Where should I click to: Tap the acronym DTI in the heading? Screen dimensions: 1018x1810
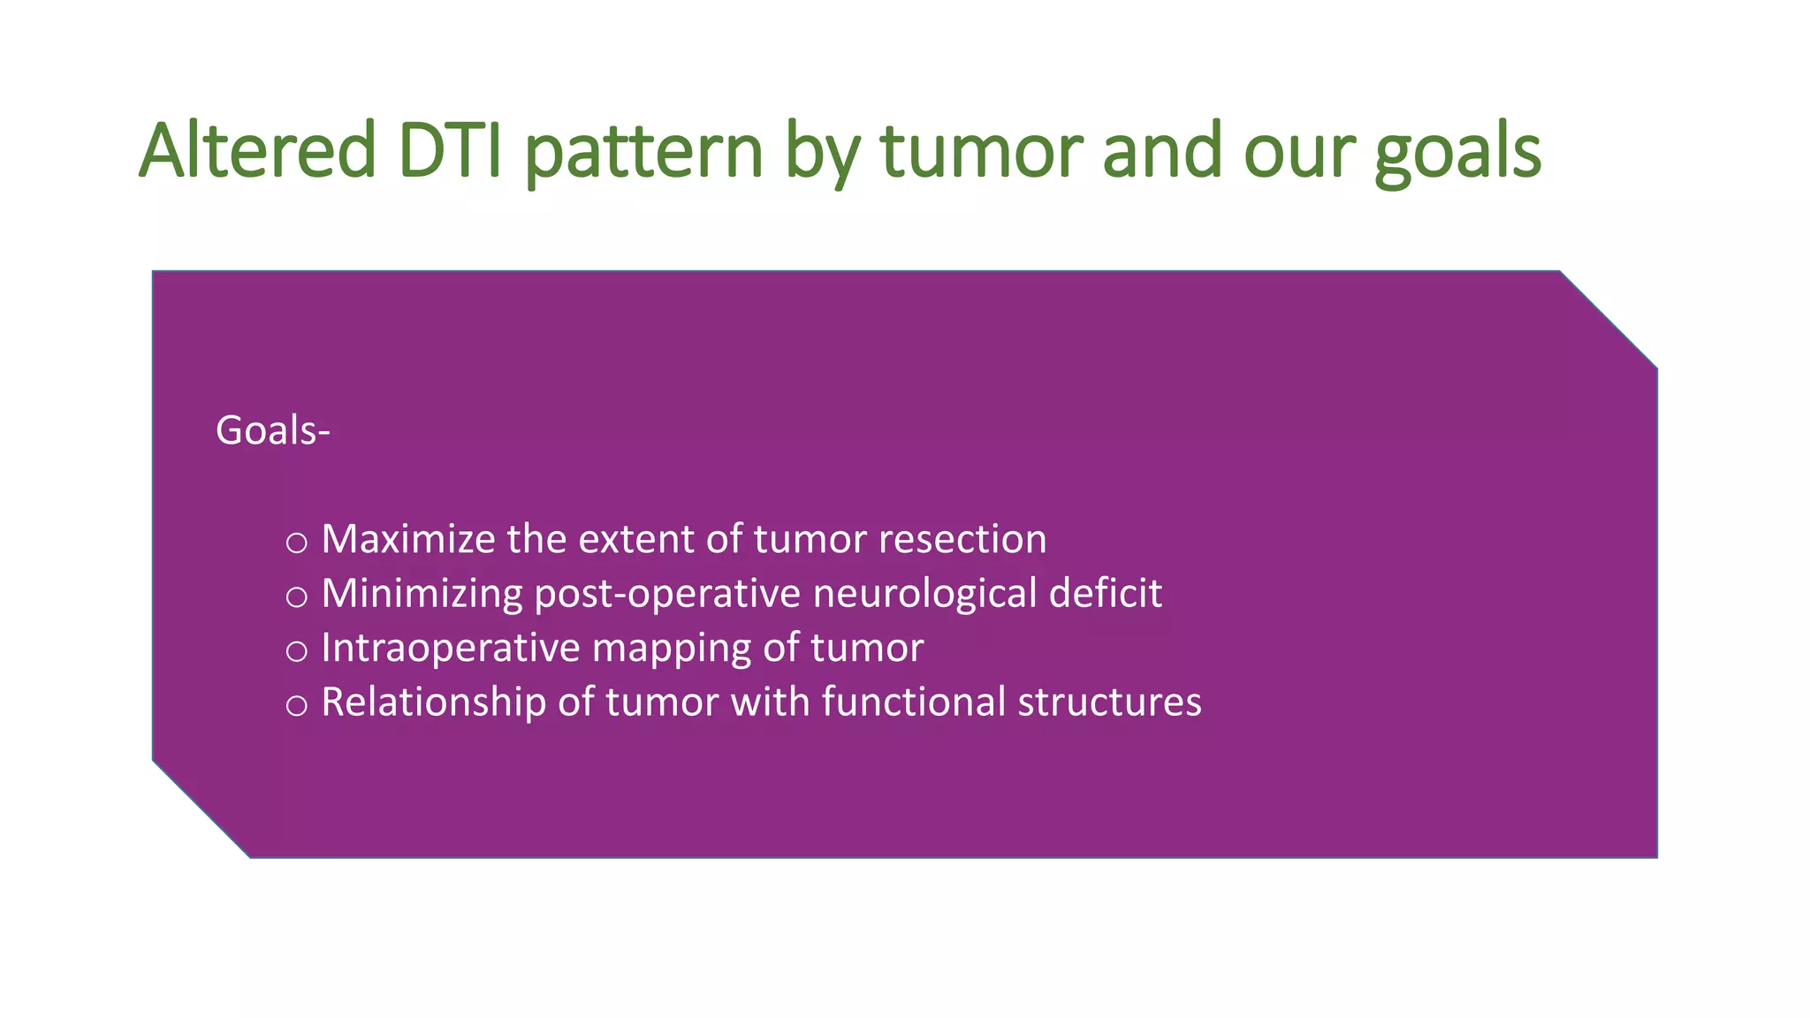[450, 151]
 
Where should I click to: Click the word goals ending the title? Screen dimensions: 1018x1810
[1458, 151]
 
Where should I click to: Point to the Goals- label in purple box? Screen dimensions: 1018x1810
[272, 431]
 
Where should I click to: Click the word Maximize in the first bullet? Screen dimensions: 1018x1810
[407, 539]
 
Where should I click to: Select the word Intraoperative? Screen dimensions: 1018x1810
[450, 648]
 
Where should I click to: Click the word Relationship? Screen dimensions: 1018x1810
[433, 702]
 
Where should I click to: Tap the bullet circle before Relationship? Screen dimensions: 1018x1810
[297, 705]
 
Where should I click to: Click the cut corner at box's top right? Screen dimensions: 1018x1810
[1608, 319]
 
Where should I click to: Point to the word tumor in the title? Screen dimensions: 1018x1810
[982, 151]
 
